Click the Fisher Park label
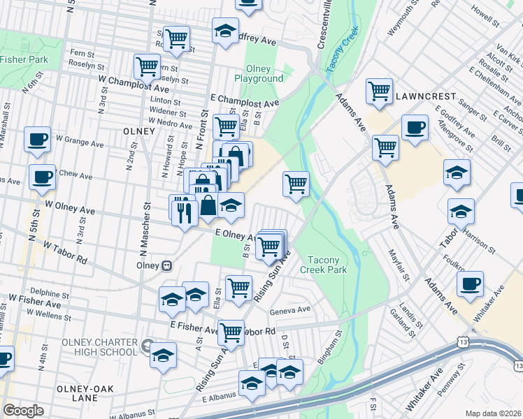(x=24, y=59)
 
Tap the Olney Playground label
(x=264, y=73)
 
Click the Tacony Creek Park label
(x=323, y=264)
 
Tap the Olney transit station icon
(x=166, y=265)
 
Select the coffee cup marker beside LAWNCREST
(x=415, y=128)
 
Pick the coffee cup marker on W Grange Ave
(x=37, y=138)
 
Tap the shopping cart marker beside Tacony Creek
(x=296, y=184)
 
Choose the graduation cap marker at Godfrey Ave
(x=225, y=31)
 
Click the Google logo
(x=23, y=411)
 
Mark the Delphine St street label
(x=48, y=293)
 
